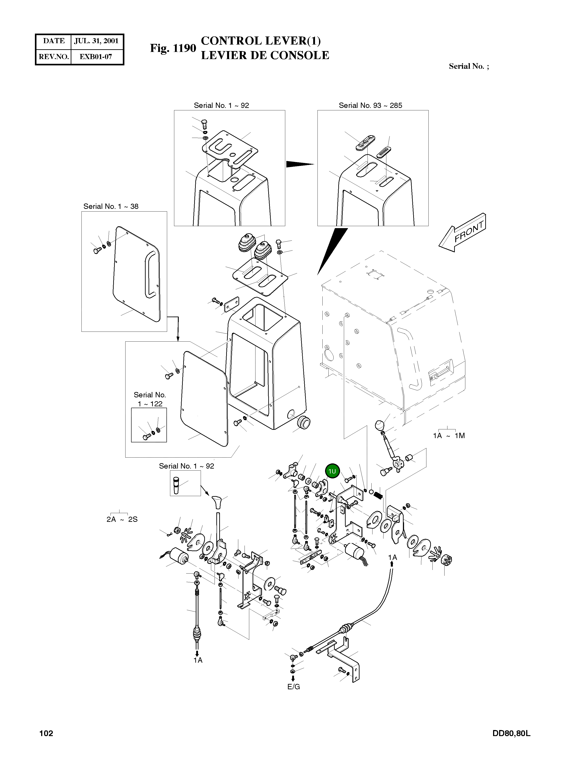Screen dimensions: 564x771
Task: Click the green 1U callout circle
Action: click(332, 471)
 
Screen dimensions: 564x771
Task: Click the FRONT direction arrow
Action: click(462, 232)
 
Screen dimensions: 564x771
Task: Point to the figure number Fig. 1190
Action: click(173, 48)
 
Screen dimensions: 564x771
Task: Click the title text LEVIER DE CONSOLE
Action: click(265, 55)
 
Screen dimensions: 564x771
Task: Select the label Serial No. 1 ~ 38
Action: click(111, 206)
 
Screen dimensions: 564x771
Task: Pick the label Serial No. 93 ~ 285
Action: click(370, 106)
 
